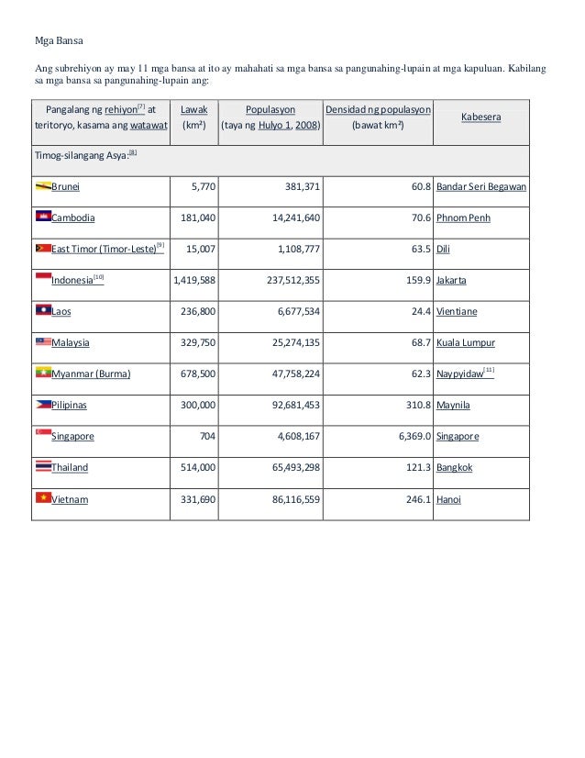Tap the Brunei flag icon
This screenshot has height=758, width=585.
point(42,186)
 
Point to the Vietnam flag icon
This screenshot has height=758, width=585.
point(42,497)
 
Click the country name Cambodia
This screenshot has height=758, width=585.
point(72,218)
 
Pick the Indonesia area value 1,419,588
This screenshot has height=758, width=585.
point(194,280)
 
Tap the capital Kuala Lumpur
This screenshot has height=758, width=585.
point(466,342)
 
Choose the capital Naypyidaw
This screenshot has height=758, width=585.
point(461,373)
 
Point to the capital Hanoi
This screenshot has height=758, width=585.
point(449,498)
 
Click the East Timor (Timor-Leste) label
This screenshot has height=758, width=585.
point(103,250)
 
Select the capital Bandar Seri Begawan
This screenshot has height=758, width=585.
point(480,187)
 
